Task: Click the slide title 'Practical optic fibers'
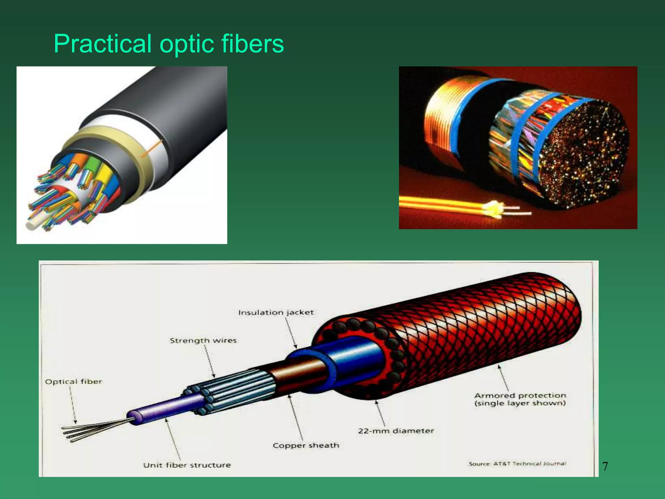point(169,44)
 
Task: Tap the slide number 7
point(605,467)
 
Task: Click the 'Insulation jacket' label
point(276,313)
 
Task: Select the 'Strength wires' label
point(203,340)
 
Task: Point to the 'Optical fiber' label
point(73,381)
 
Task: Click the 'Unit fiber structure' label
point(187,465)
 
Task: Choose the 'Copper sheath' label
point(306,445)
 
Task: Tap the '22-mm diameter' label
point(396,431)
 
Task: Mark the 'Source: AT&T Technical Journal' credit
point(517,464)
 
